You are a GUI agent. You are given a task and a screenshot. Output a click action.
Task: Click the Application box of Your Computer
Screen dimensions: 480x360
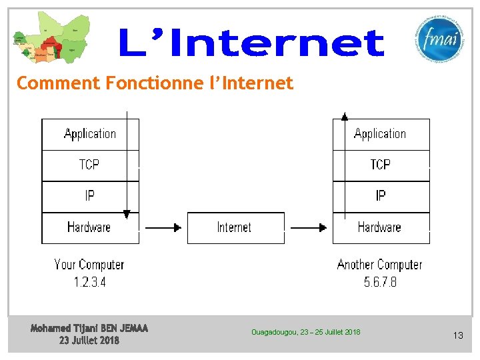(90, 134)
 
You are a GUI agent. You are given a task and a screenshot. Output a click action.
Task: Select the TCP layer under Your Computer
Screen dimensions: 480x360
(89, 165)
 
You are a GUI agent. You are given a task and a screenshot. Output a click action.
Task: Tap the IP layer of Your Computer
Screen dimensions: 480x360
(89, 196)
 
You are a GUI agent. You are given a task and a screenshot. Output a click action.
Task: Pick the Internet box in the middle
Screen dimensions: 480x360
(235, 227)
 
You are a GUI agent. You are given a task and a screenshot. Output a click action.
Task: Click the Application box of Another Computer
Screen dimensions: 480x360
(380, 134)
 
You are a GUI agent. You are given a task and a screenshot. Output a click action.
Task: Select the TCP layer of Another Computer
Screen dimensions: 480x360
(380, 165)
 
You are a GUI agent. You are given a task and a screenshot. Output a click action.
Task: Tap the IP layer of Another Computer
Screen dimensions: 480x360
(380, 196)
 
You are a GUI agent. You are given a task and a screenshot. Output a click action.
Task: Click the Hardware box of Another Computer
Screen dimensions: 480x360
(379, 227)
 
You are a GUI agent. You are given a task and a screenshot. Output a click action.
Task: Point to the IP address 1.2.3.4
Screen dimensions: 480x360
(89, 282)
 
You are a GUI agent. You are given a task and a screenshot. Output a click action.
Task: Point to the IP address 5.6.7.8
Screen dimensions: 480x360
(380, 282)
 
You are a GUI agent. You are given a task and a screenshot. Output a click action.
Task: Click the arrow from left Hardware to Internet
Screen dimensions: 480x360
(163, 227)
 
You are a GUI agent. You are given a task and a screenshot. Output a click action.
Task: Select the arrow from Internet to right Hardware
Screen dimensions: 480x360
(309, 227)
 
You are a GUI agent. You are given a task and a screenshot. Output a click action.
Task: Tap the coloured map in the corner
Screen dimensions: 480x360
(49, 38)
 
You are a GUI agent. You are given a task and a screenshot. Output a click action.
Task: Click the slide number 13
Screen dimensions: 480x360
(457, 335)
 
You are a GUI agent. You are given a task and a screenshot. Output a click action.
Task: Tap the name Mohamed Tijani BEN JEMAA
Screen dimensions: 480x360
(89, 328)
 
